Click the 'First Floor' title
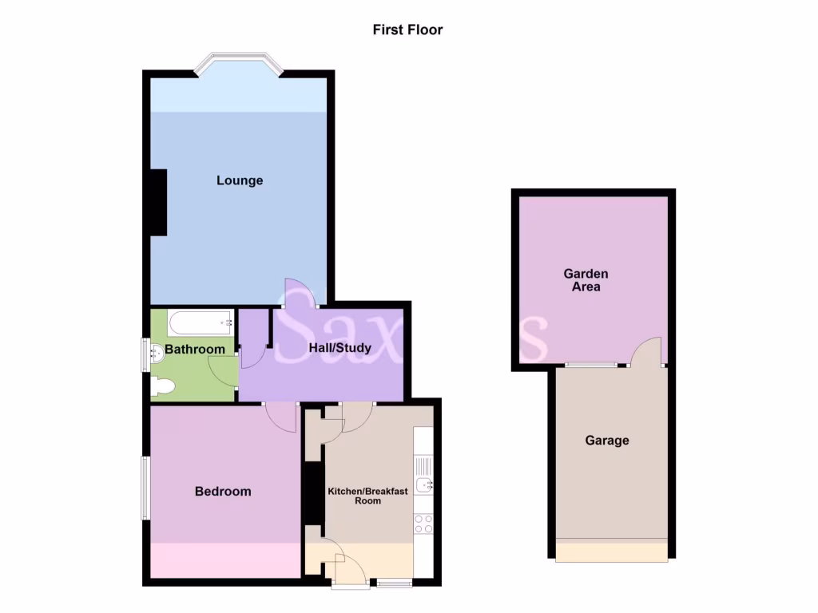[x=407, y=30]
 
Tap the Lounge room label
[x=240, y=180]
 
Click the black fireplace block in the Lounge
[x=158, y=203]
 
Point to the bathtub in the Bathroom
[x=201, y=323]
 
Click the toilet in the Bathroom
[x=162, y=386]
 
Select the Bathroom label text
[x=195, y=350]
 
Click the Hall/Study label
[x=340, y=348]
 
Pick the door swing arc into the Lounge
[x=297, y=291]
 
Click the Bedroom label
[x=223, y=492]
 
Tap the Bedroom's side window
[x=145, y=486]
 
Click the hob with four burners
[x=423, y=524]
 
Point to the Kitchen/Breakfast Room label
[x=367, y=496]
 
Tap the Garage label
[x=607, y=441]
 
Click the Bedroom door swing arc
[x=280, y=417]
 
